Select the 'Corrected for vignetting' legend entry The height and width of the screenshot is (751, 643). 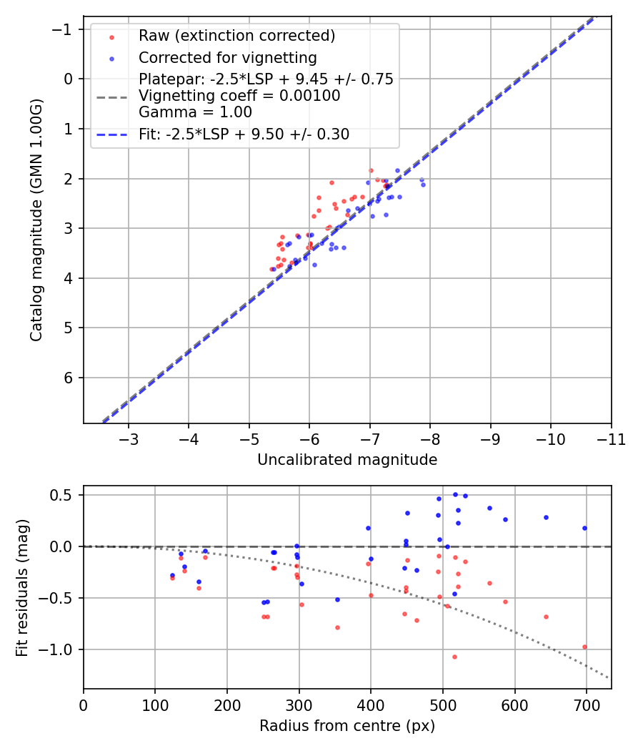[x=228, y=57]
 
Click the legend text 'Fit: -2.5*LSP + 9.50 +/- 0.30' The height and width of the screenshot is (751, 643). [x=244, y=134]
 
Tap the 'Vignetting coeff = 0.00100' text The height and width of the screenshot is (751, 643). [x=239, y=96]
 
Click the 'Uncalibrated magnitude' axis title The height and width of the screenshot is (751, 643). [x=347, y=460]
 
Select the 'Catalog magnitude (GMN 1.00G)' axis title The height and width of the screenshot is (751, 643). [x=36, y=220]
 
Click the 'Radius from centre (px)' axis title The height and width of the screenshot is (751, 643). [x=347, y=726]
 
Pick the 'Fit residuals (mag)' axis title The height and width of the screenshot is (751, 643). [x=22, y=587]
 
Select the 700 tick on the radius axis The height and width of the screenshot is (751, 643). [x=587, y=705]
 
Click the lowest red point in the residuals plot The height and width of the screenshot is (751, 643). [x=454, y=657]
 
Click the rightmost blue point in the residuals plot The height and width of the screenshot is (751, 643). [x=584, y=528]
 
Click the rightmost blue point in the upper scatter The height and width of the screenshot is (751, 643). [x=423, y=185]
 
